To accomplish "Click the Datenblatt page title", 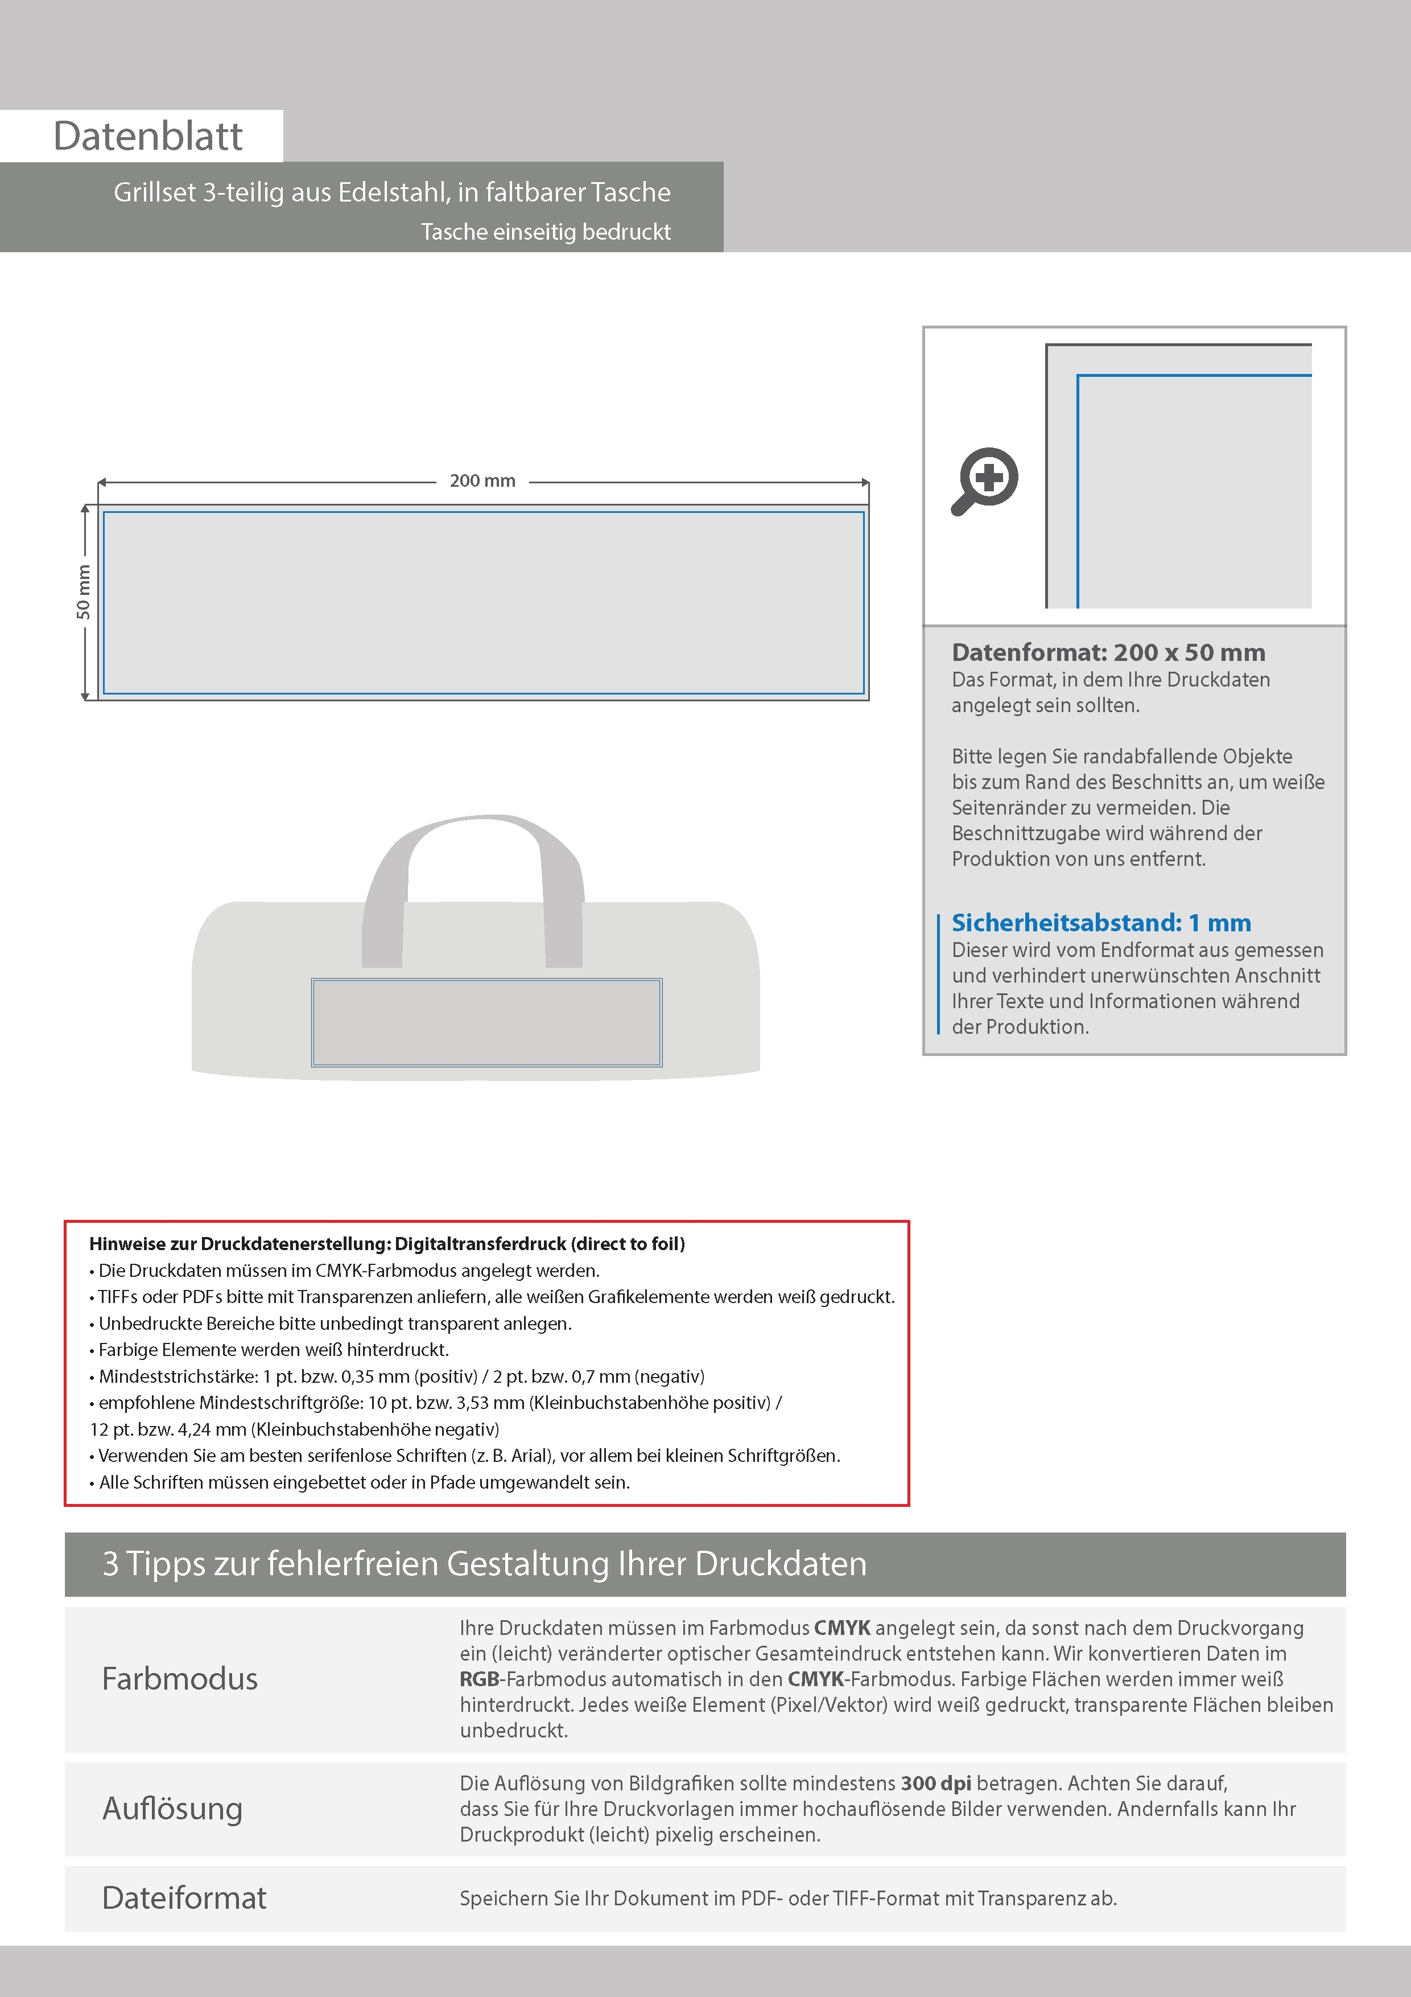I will click(148, 137).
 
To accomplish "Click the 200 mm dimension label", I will click(482, 481).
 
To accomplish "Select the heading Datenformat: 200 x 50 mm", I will click(1108, 652).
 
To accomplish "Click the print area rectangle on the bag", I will click(487, 1022).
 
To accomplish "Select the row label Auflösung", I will click(172, 1808).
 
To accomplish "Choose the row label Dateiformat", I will click(184, 1898).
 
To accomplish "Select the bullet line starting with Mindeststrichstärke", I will click(401, 1376).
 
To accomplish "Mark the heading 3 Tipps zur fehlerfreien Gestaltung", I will click(484, 1564).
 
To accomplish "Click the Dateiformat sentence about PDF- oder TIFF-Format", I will click(787, 1898).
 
